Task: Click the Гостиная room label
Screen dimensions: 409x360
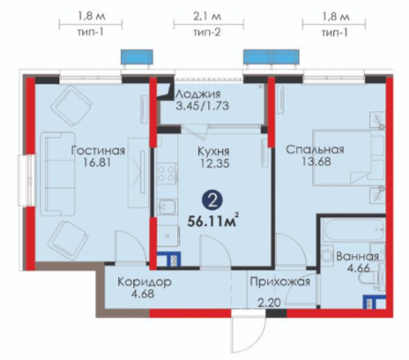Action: coord(98,151)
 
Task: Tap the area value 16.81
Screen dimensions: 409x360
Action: coord(97,162)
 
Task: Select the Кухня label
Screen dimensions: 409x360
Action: coord(213,151)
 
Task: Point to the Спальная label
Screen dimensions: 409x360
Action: coord(315,149)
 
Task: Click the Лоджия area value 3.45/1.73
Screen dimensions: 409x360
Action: coord(202,106)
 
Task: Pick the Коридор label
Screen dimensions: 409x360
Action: coord(145,281)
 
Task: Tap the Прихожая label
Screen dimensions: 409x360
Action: coord(280,281)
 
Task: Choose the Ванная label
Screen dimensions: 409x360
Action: coord(357,257)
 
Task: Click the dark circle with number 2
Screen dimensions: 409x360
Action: coord(212,200)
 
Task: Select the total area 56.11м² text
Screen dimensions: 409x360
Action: coord(213,221)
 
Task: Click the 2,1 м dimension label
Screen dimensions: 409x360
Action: coord(207,16)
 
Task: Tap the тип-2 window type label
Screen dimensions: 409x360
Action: coord(207,32)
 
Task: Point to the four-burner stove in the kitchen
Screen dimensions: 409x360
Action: coord(167,174)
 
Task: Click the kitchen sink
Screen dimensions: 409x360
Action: coord(167,206)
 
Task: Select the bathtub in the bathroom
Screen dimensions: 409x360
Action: coord(353,229)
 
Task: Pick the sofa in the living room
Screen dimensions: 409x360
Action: coord(57,174)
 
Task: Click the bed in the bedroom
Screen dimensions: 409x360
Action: coord(349,158)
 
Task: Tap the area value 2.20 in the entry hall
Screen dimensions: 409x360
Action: coord(270,303)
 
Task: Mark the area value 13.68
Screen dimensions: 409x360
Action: coord(316,161)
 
